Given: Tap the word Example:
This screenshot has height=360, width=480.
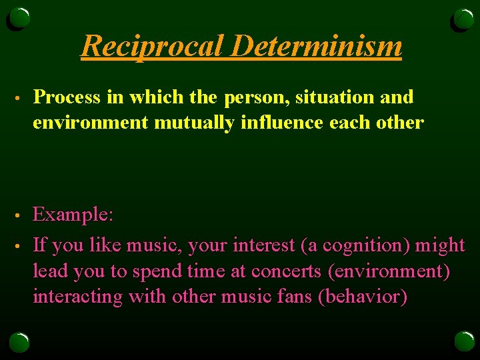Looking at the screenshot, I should click(x=73, y=215).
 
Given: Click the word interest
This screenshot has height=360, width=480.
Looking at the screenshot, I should click(x=263, y=245).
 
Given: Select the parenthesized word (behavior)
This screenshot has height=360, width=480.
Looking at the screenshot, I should click(x=363, y=296).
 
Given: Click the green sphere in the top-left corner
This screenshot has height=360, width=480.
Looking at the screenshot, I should click(x=19, y=19).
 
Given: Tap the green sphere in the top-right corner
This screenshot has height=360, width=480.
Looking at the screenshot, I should click(x=463, y=19).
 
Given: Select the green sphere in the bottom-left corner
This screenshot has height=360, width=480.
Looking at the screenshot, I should click(x=19, y=341).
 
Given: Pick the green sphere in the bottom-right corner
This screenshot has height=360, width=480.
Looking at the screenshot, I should click(x=463, y=341).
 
